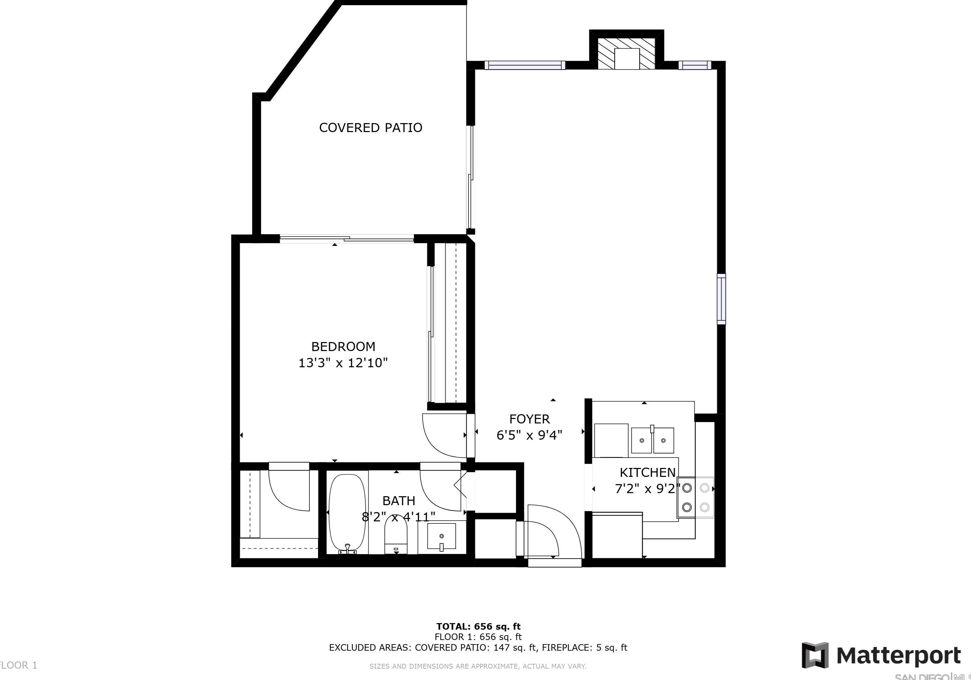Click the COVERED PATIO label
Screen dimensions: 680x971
370,128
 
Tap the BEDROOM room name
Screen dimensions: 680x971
343,347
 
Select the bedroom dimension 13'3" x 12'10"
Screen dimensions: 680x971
343,363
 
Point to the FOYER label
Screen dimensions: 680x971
529,419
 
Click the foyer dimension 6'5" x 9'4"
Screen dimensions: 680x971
529,435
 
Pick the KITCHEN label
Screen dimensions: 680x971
647,472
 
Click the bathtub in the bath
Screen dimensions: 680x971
347,513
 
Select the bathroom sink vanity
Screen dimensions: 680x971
442,537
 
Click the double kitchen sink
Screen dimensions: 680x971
653,440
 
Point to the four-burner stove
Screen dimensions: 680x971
695,497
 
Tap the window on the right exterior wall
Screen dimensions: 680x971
721,299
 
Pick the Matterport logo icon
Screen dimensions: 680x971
815,655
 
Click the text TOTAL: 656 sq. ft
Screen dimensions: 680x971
478,627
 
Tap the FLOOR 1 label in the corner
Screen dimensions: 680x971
19,665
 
